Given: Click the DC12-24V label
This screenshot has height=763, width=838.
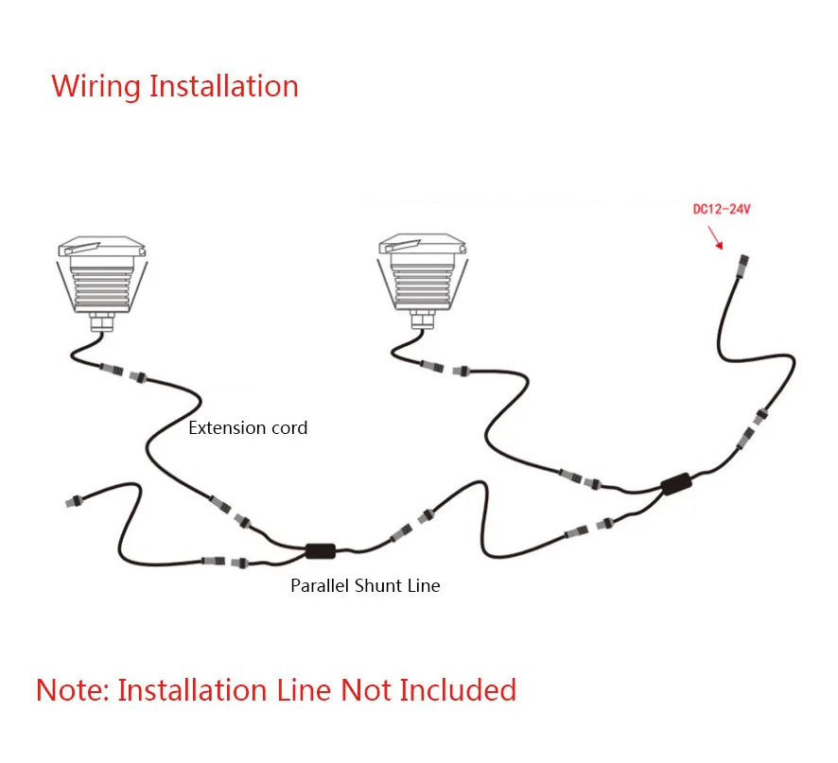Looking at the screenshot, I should click(x=721, y=208).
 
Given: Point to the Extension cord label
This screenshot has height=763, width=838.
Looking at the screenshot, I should click(x=248, y=427).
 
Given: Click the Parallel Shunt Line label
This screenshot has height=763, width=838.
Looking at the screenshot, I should click(x=365, y=585).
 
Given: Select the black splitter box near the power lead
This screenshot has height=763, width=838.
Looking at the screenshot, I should click(x=677, y=485).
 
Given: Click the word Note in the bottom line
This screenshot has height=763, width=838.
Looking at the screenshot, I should click(x=71, y=689).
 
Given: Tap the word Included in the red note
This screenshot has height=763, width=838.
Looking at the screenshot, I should click(x=458, y=689).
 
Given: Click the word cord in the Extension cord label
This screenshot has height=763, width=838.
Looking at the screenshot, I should click(x=288, y=427).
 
